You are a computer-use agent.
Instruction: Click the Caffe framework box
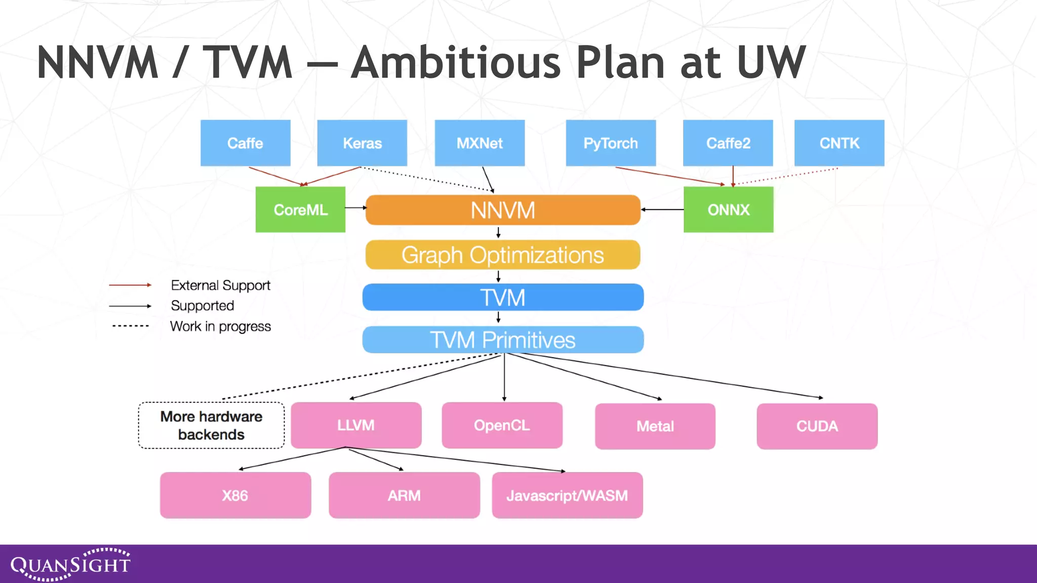[245, 143]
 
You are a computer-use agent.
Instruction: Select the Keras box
[362, 143]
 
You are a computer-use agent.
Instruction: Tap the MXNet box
[480, 143]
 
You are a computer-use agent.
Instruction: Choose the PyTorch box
[611, 143]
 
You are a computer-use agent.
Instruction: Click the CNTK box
[839, 143]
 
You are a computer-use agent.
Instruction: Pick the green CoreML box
[300, 210]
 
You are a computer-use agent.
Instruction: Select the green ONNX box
[728, 210]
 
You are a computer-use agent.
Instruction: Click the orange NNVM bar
[503, 210]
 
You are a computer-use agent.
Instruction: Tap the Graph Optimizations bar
[503, 255]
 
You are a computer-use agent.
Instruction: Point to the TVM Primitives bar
[503, 340]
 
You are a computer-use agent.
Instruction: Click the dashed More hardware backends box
[211, 426]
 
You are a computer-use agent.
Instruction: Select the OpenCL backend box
[502, 425]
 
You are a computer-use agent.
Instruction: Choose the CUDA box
[817, 426]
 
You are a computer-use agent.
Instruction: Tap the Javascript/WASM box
[567, 495]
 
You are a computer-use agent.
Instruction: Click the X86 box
[235, 495]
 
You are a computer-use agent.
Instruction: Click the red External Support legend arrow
[130, 285]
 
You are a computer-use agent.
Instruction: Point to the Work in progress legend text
[220, 326]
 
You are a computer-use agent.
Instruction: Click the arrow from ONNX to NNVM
[662, 209]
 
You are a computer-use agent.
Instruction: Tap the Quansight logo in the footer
[70, 564]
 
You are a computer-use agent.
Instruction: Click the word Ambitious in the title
[456, 63]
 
